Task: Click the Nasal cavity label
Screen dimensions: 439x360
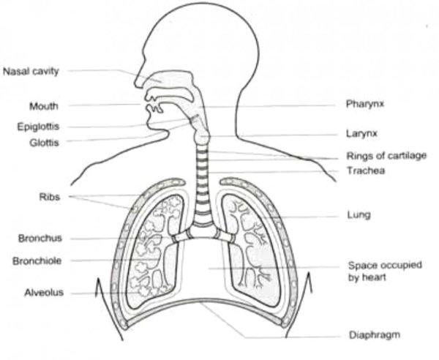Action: point(31,72)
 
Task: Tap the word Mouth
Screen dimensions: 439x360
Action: point(44,106)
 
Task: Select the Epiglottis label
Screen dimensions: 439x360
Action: point(38,127)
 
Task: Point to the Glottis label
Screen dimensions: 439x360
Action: point(44,143)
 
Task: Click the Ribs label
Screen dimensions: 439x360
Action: point(50,197)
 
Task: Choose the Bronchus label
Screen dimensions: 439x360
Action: point(40,239)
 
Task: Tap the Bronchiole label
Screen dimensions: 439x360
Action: point(37,261)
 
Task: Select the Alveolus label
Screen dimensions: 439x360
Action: point(44,293)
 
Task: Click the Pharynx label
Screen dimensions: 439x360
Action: point(365,104)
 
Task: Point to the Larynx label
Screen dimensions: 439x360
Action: point(361,133)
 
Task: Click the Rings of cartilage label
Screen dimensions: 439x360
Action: point(386,155)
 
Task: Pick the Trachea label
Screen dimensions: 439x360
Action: point(366,170)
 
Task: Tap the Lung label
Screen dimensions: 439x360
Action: point(359,215)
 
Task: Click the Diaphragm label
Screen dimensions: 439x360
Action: point(375,335)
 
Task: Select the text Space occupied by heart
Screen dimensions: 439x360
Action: point(385,271)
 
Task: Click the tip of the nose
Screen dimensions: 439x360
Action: point(135,83)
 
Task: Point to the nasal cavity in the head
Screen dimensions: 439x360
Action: point(170,78)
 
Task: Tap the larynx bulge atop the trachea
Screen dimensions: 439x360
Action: point(202,136)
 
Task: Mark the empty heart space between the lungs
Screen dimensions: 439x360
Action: point(203,269)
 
